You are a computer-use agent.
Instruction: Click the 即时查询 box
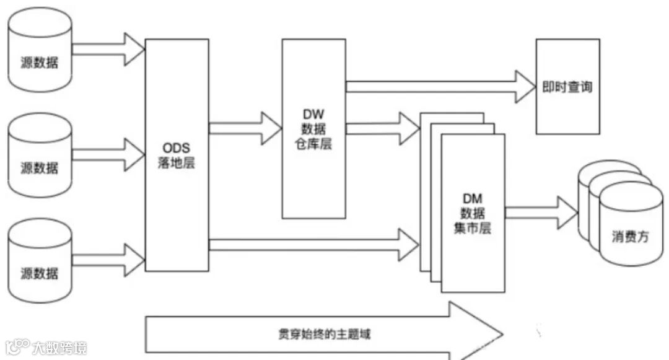[567, 86]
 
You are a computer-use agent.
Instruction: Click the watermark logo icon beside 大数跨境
[18, 346]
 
